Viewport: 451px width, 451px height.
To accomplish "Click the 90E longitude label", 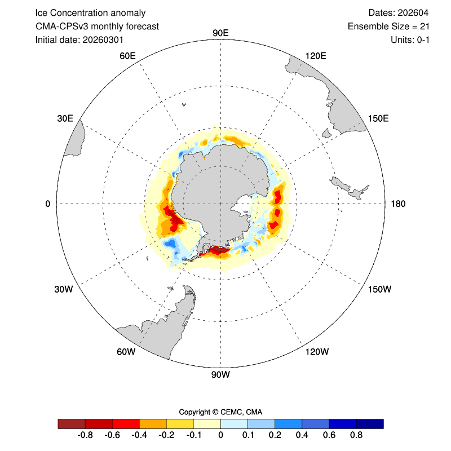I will point(220,33).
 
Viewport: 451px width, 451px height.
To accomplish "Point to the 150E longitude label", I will point(378,118).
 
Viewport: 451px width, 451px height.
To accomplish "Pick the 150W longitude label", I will point(379,289).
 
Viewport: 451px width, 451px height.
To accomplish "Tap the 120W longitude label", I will point(316,352).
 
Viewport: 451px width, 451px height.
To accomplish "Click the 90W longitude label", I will point(220,374).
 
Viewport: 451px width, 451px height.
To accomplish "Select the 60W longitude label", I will point(126,352).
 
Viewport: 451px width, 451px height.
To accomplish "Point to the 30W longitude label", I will point(64,289).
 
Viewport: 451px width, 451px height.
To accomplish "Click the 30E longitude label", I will point(65,118).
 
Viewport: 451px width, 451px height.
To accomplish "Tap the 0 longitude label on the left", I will point(48,204).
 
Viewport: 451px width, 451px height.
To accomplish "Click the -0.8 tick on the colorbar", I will point(85,435).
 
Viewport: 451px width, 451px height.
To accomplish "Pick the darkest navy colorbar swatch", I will point(370,423).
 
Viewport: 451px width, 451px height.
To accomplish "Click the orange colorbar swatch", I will point(153,423).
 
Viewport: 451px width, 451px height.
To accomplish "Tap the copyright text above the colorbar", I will point(220,412).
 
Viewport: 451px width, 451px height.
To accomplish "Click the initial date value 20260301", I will point(103,39).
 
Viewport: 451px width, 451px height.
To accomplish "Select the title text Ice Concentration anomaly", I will point(90,12).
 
